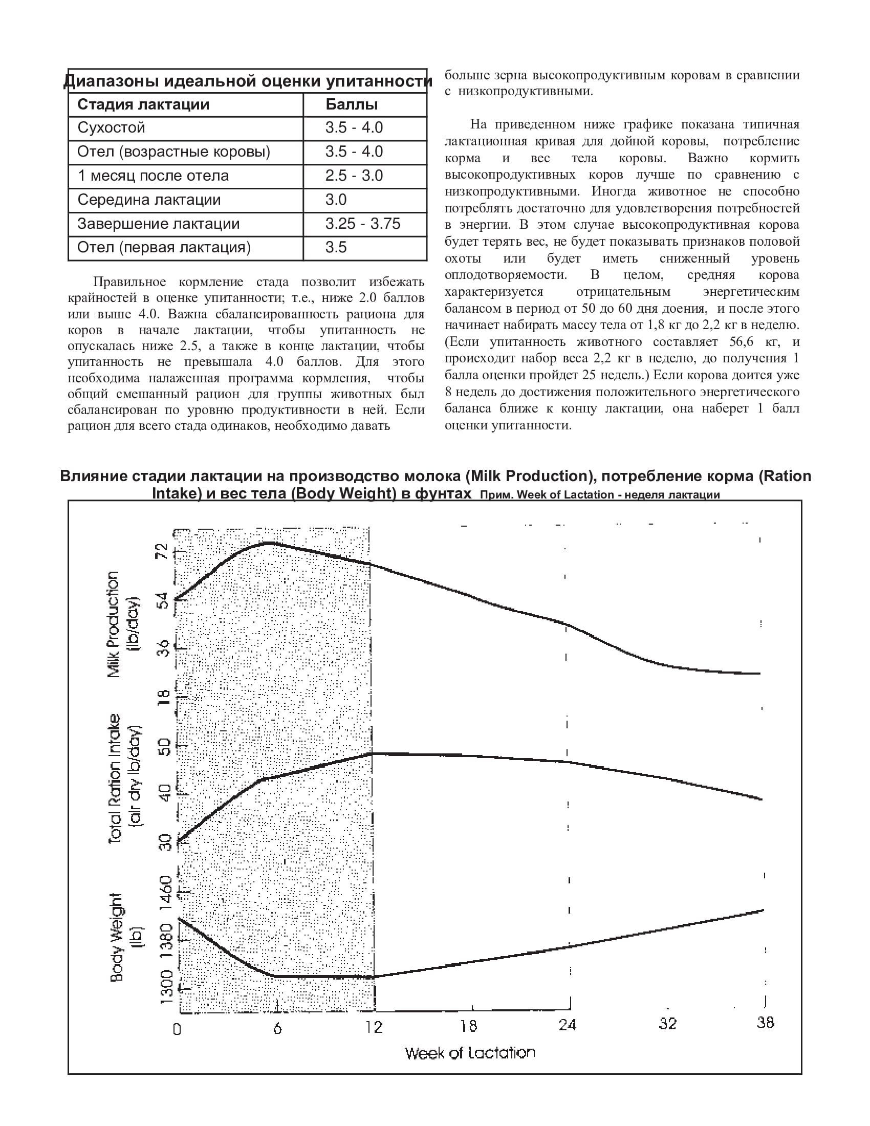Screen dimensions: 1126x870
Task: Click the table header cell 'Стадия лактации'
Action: pos(143,104)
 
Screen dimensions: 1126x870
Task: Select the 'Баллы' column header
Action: pos(352,104)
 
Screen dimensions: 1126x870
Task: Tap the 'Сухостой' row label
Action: pos(112,128)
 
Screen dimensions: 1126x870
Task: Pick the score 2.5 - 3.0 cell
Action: pos(354,176)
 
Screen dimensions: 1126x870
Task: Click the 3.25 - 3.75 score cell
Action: pos(363,224)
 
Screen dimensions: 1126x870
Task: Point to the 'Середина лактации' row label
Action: pos(149,200)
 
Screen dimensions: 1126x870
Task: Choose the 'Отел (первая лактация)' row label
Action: pos(164,248)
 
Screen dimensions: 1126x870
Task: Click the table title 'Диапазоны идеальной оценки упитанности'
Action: pos(247,81)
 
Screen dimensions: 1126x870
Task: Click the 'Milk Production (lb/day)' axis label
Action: pos(122,624)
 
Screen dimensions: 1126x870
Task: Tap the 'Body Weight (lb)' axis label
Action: pos(124,938)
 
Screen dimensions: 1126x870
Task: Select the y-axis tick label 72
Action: pos(162,551)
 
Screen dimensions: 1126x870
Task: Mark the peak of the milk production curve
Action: pos(269,543)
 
